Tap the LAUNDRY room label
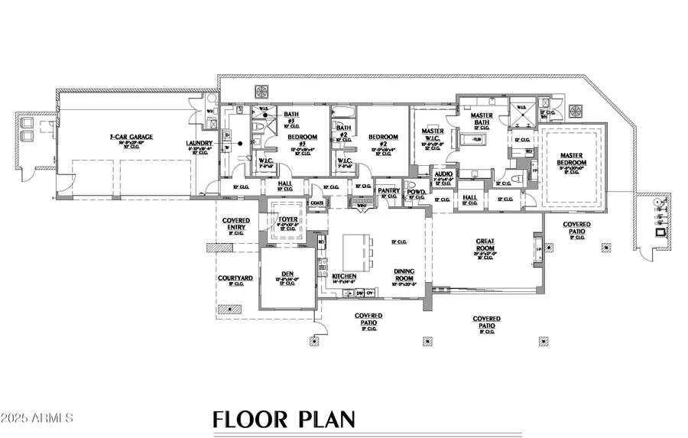pos(199,143)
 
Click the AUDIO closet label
pos(443,174)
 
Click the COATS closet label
pos(317,203)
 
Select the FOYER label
pos(287,219)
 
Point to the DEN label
pos(288,274)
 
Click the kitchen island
pos(354,249)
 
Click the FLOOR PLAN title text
pos(284,419)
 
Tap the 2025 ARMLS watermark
pos(38,419)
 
